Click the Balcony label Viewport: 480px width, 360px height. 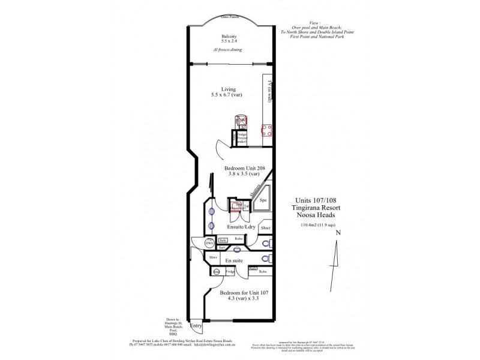click(x=228, y=37)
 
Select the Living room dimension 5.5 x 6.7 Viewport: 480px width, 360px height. click(x=228, y=95)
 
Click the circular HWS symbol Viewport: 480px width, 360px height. click(x=209, y=242)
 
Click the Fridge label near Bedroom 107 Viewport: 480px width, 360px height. click(x=230, y=272)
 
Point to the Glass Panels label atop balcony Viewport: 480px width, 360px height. click(x=228, y=19)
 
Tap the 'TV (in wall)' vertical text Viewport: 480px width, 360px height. click(x=270, y=91)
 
